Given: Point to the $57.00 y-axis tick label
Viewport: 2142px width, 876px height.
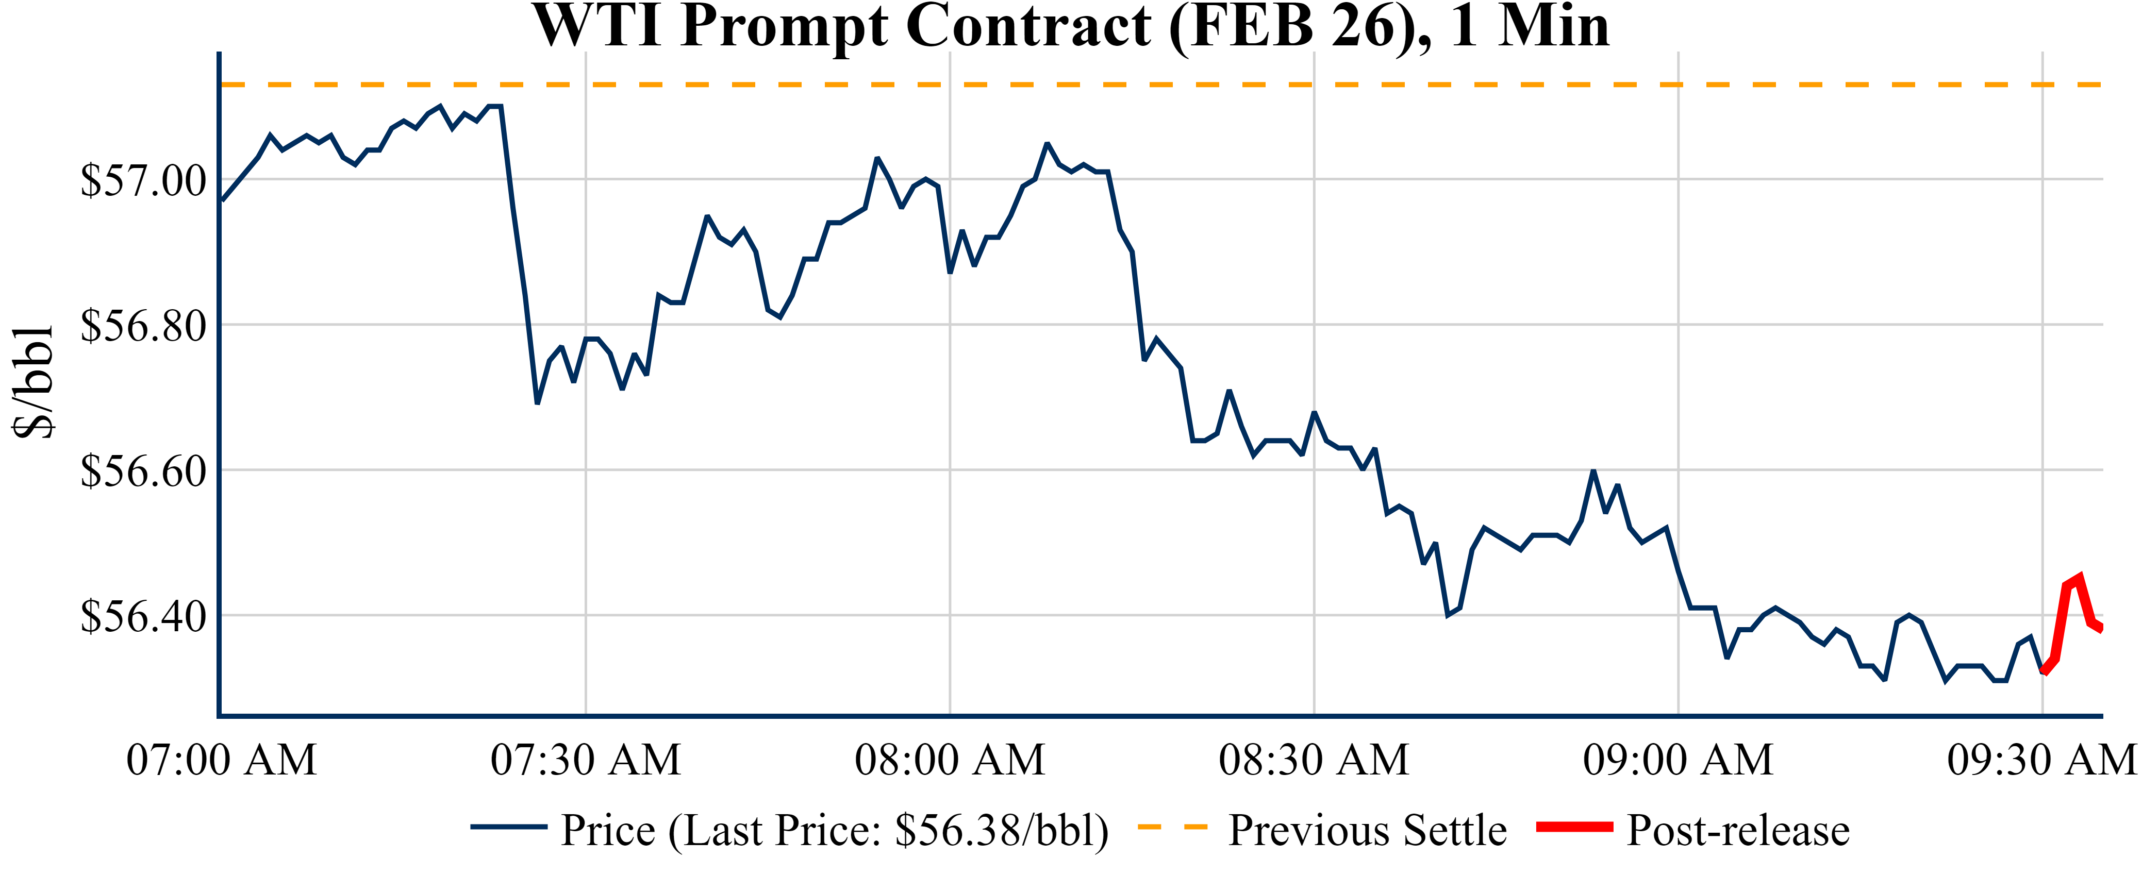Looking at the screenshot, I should [143, 180].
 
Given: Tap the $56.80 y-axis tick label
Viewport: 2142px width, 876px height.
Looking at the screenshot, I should [143, 326].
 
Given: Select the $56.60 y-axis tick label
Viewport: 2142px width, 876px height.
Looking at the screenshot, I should [143, 471].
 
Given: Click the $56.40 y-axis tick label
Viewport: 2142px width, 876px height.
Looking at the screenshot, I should [143, 617].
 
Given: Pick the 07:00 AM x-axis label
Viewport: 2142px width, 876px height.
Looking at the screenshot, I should [221, 760].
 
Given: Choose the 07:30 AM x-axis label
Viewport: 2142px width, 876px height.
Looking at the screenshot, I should [586, 760].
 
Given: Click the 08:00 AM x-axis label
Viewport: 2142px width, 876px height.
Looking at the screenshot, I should [950, 760].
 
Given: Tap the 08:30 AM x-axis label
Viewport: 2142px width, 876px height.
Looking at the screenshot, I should [1314, 760].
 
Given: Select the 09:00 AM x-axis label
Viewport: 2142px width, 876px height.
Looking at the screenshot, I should [1678, 760].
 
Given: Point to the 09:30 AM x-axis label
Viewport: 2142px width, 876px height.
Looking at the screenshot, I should [2041, 760].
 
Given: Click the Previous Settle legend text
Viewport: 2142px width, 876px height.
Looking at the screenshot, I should [1367, 830].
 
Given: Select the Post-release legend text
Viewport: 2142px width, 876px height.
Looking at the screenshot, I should [1738, 830].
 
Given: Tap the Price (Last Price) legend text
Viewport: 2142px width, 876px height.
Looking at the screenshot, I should [835, 830].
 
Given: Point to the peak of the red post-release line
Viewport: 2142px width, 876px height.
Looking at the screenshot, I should [2079, 577].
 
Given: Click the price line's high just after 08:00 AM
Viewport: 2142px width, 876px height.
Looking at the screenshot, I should [1047, 144].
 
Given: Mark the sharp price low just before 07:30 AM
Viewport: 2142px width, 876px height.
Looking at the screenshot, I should [537, 403].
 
